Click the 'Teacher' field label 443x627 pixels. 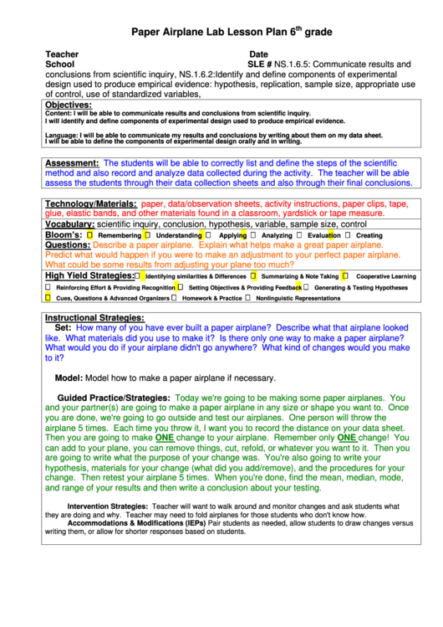coord(62,54)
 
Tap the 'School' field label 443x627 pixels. coord(59,64)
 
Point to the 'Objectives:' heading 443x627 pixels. coord(68,105)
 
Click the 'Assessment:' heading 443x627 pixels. coord(72,162)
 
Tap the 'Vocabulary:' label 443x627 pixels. coord(69,224)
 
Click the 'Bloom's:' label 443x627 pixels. coord(64,235)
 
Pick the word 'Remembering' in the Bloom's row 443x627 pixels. coord(120,236)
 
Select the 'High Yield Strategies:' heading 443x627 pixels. coord(89,275)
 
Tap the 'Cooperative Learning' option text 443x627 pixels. coord(385,276)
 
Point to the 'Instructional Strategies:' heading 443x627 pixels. coord(94,318)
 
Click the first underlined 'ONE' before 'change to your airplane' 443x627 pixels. coord(165,437)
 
